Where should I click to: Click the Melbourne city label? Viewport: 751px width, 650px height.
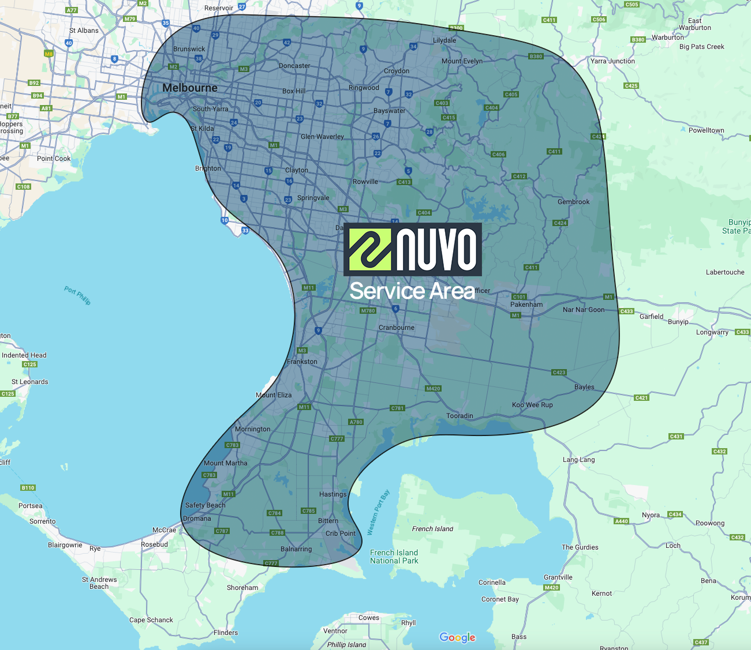tap(190, 88)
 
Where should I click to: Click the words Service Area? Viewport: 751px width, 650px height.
tap(412, 291)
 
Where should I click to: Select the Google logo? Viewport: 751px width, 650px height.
tap(457, 637)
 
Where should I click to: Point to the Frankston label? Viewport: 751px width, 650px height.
tap(302, 362)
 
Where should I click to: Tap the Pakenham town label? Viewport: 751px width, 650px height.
tap(526, 304)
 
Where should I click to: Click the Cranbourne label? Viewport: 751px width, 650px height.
tap(397, 328)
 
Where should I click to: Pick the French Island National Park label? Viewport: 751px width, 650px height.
tap(394, 557)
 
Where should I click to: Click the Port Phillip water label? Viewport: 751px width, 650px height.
tap(77, 296)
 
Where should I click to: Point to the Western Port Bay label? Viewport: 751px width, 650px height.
tap(379, 512)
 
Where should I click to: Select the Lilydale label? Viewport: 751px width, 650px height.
tap(444, 40)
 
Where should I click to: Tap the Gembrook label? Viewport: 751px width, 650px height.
tap(574, 202)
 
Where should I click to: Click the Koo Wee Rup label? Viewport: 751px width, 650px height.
tap(532, 405)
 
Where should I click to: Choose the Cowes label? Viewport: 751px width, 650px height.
tap(369, 618)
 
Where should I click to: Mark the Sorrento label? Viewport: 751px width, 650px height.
tap(43, 521)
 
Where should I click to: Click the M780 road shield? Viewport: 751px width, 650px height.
tap(368, 311)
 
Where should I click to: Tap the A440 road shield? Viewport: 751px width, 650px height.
tap(621, 521)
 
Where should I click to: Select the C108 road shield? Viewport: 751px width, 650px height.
tap(23, 187)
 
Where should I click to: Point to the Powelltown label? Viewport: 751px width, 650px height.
tap(706, 130)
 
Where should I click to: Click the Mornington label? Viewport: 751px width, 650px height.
tap(252, 429)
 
